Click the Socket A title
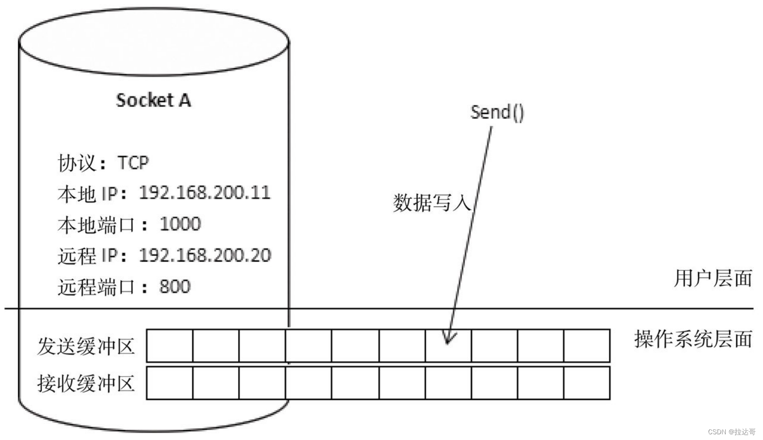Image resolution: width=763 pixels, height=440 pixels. tap(153, 100)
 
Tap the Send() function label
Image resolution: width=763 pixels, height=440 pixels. tap(497, 113)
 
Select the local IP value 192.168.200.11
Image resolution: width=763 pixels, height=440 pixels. tap(205, 193)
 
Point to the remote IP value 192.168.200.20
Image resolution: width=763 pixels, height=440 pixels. tap(205, 256)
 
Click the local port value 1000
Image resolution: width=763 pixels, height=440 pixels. tap(180, 224)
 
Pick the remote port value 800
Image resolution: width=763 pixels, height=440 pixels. tap(175, 287)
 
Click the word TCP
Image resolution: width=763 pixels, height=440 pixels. tap(133, 163)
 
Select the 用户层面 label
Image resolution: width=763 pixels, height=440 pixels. tap(713, 278)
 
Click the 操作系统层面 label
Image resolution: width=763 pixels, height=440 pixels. tap(693, 339)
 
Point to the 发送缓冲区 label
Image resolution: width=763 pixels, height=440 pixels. tap(86, 346)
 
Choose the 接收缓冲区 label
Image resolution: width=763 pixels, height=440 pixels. tap(86, 383)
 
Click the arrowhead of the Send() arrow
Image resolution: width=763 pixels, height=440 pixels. tap(448, 339)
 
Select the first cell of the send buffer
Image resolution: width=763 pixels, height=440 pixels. tap(170, 346)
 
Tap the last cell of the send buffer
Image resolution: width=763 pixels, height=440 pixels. tap(586, 346)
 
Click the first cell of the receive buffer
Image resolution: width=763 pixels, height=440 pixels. tap(170, 383)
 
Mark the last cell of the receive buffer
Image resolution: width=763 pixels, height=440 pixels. tap(586, 383)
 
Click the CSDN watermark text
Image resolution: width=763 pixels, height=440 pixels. tap(732, 432)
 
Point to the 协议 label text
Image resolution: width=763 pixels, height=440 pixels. tap(76, 163)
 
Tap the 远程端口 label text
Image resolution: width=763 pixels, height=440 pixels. tap(96, 287)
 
